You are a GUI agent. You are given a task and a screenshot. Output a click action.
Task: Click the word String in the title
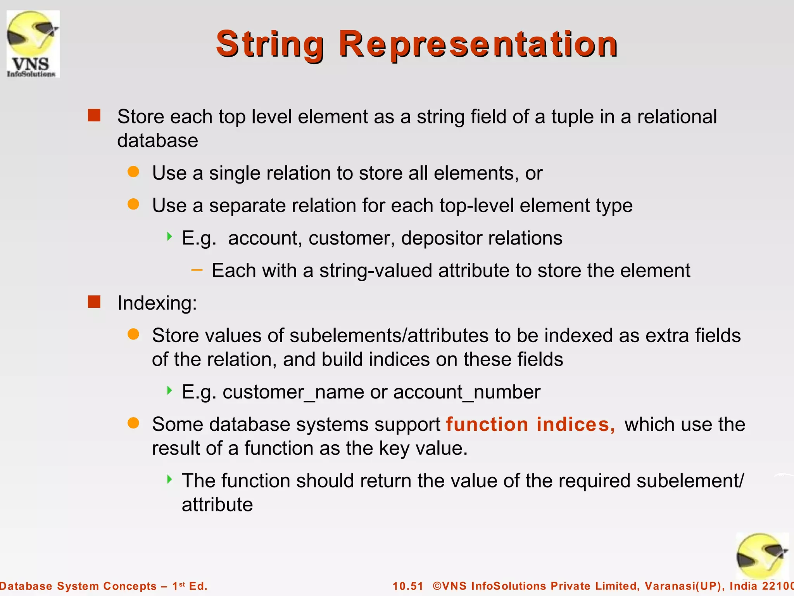tap(270, 44)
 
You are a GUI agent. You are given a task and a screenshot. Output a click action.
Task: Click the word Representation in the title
tap(478, 44)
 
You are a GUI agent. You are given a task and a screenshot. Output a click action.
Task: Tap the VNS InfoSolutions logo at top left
tap(33, 44)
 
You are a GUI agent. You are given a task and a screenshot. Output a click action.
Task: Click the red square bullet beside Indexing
tap(94, 301)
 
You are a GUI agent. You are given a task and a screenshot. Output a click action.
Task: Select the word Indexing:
tap(157, 303)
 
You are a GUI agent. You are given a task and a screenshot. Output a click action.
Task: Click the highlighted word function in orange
tap(487, 424)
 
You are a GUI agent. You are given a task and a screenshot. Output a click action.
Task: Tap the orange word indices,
tap(576, 424)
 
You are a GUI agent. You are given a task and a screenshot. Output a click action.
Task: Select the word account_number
tap(467, 392)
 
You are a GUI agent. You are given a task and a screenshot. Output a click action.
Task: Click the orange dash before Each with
tap(197, 270)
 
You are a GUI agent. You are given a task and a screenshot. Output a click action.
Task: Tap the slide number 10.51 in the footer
tap(408, 586)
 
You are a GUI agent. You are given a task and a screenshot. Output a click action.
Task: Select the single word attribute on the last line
tap(217, 505)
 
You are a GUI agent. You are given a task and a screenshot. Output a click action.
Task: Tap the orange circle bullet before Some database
tap(133, 423)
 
